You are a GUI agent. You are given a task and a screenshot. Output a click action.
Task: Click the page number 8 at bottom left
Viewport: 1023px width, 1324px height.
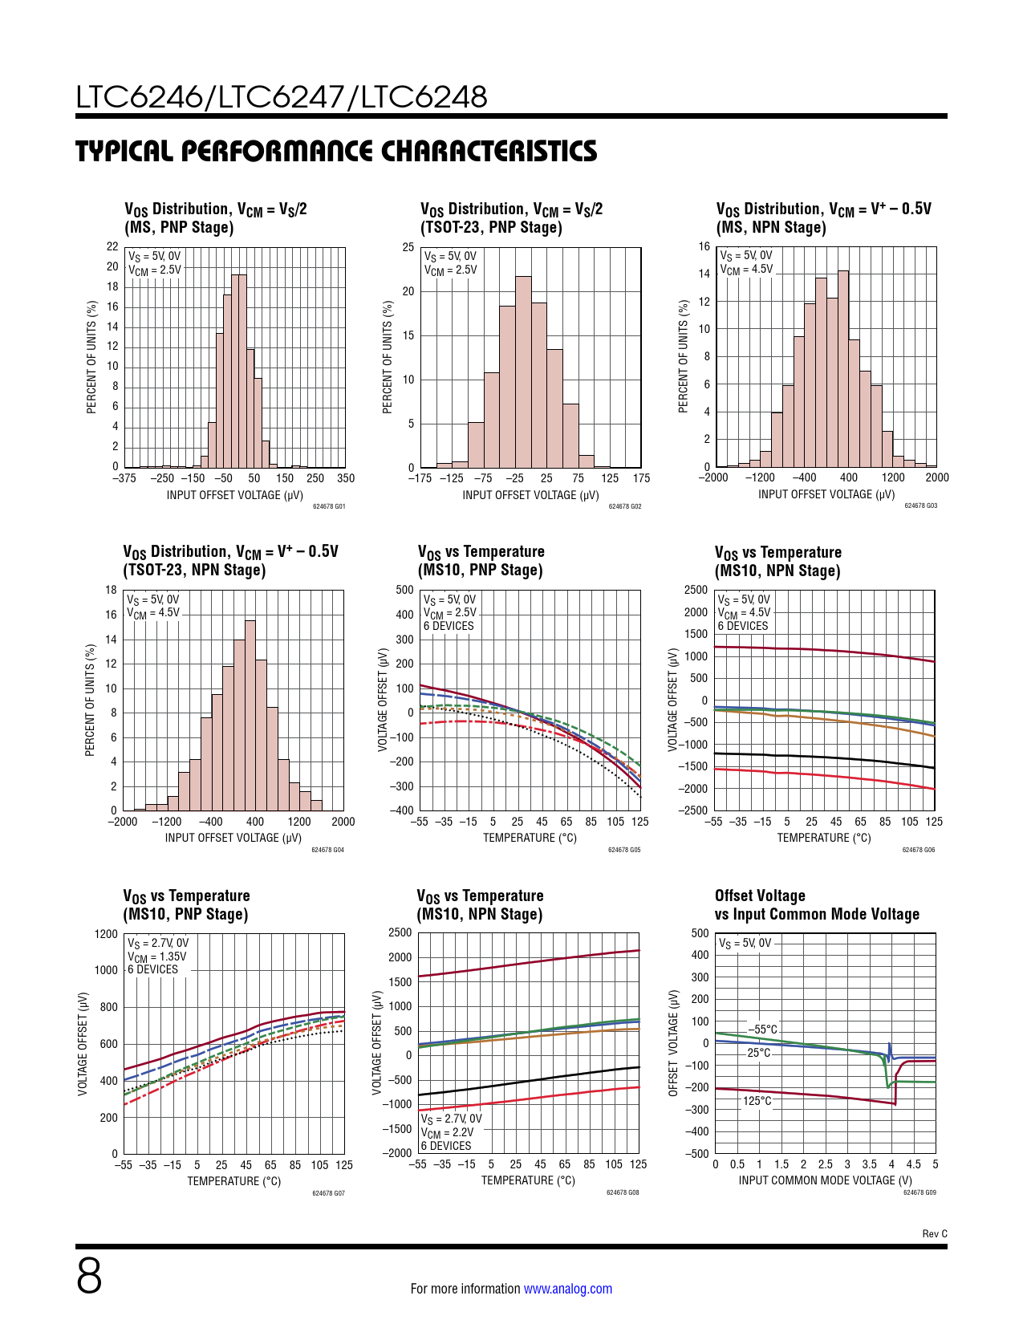(89, 1276)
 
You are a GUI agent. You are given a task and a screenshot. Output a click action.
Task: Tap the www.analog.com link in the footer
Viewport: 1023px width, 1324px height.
(567, 1289)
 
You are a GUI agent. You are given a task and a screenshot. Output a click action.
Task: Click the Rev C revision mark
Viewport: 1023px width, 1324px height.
(934, 1233)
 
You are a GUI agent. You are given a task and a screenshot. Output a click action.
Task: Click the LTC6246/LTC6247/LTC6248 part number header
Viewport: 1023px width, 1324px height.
(282, 97)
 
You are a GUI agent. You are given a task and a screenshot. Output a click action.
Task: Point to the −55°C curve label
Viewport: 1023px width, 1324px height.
(762, 1030)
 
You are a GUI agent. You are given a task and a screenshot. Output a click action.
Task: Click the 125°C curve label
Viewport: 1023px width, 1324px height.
(757, 1101)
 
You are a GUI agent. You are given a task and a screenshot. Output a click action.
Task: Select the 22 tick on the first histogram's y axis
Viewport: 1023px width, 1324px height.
(113, 246)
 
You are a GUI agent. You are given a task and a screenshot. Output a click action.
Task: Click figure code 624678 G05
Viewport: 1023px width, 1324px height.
(624, 850)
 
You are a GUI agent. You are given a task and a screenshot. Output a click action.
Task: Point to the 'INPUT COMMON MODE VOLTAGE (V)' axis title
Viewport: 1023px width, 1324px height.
(825, 1180)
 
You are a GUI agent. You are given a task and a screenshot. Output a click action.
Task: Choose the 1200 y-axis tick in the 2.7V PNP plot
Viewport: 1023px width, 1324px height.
(106, 934)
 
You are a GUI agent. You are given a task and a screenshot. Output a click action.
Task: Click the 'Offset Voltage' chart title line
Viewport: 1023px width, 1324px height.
(760, 896)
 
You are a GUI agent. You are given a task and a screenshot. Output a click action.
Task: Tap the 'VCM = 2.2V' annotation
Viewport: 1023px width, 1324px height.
(447, 1132)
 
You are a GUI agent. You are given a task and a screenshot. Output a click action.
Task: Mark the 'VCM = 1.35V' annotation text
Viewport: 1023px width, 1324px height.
(156, 956)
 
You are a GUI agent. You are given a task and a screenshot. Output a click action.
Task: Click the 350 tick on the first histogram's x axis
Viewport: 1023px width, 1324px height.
(345, 478)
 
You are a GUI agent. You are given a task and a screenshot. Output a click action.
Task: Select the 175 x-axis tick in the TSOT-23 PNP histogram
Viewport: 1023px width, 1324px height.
(641, 478)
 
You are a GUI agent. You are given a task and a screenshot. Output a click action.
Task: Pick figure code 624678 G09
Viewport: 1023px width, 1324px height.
(919, 1192)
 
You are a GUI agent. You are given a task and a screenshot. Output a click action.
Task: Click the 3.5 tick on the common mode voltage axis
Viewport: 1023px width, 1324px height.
(869, 1164)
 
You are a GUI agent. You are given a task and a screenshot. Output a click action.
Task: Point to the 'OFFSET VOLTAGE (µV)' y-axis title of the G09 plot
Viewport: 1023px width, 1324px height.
(673, 1043)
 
